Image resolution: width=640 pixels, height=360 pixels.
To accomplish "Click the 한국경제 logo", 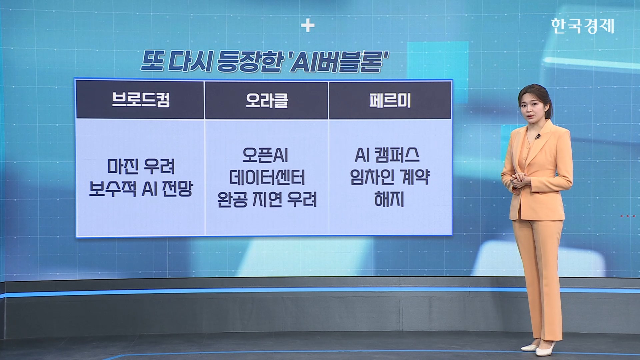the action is [x=582, y=26].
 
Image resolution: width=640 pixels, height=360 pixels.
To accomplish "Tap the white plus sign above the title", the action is [x=307, y=26].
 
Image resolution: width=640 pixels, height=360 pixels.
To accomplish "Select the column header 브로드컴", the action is [x=141, y=100].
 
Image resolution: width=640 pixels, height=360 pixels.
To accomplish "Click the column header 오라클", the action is [x=267, y=100].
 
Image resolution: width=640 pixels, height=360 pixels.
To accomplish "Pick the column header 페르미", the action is [x=390, y=100].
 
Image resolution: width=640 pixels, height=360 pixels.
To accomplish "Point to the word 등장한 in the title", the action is [x=249, y=61].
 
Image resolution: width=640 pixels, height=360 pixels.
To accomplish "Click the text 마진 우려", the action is [x=141, y=166].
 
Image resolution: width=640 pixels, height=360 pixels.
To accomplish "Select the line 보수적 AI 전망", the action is [x=141, y=189].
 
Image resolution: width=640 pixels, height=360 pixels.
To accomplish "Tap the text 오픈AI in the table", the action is [x=265, y=155].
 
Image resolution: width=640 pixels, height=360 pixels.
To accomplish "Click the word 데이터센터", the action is [x=267, y=177].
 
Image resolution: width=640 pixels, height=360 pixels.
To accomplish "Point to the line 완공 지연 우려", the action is [x=267, y=199].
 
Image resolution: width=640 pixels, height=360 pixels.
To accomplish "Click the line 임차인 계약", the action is [x=390, y=177].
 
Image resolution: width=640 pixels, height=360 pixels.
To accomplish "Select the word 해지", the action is [x=389, y=199].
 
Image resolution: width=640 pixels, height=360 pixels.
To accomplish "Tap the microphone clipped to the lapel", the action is [x=538, y=136].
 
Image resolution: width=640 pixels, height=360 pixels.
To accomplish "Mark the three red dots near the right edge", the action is [x=628, y=216].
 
